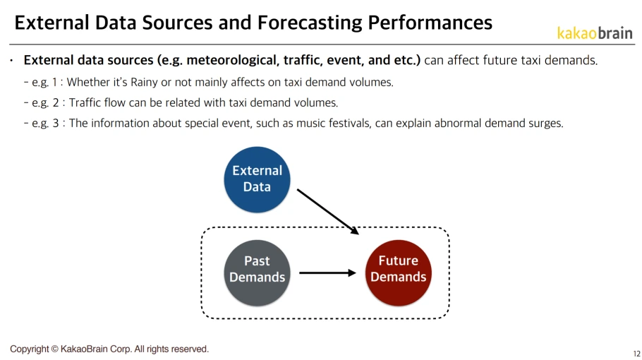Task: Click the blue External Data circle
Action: pos(257,179)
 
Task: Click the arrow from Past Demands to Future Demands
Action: pos(327,272)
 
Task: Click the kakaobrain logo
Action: pos(594,33)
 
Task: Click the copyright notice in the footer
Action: pos(109,349)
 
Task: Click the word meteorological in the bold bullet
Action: pos(228,60)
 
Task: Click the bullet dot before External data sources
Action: pos(12,61)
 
